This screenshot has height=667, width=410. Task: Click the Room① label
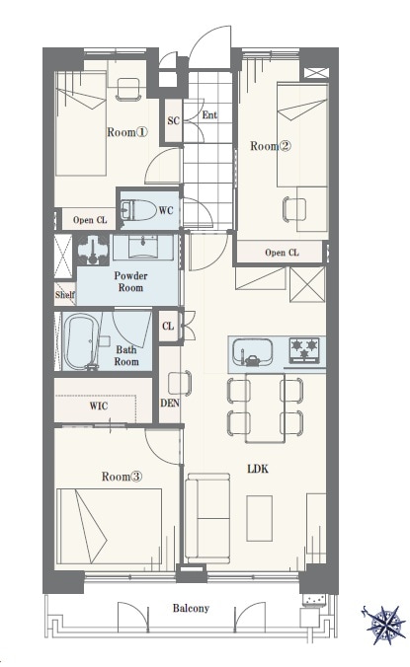pyautogui.click(x=126, y=132)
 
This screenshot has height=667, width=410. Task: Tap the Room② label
pyautogui.click(x=271, y=146)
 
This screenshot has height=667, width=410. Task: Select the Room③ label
pyautogui.click(x=122, y=477)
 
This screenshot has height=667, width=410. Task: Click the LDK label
pyautogui.click(x=258, y=469)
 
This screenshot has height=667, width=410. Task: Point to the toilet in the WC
pyautogui.click(x=138, y=210)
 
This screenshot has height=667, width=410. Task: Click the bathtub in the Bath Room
pyautogui.click(x=82, y=341)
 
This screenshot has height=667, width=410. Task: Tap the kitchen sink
pyautogui.click(x=252, y=352)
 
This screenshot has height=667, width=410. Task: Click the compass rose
pyautogui.click(x=384, y=625)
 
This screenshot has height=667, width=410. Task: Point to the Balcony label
pyautogui.click(x=191, y=608)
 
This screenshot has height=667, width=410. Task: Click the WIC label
pyautogui.click(x=99, y=406)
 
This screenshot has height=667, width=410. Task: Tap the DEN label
pyautogui.click(x=170, y=403)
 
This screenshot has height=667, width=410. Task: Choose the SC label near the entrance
pyautogui.click(x=173, y=120)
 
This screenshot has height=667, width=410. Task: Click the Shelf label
pyautogui.click(x=65, y=295)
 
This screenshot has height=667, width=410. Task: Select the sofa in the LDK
pyautogui.click(x=207, y=518)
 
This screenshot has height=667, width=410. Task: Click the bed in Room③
pyautogui.click(x=110, y=527)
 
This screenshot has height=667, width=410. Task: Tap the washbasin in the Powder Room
pyautogui.click(x=142, y=246)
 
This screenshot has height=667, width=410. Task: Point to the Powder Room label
pyautogui.click(x=130, y=281)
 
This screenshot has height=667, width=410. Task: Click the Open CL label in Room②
pyautogui.click(x=282, y=253)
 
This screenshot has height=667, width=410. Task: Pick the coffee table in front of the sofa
pyautogui.click(x=260, y=518)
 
